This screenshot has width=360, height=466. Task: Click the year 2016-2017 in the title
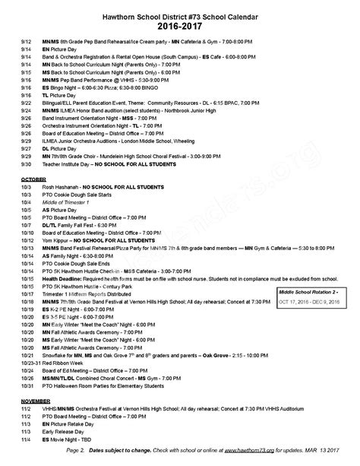(x=181, y=23)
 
